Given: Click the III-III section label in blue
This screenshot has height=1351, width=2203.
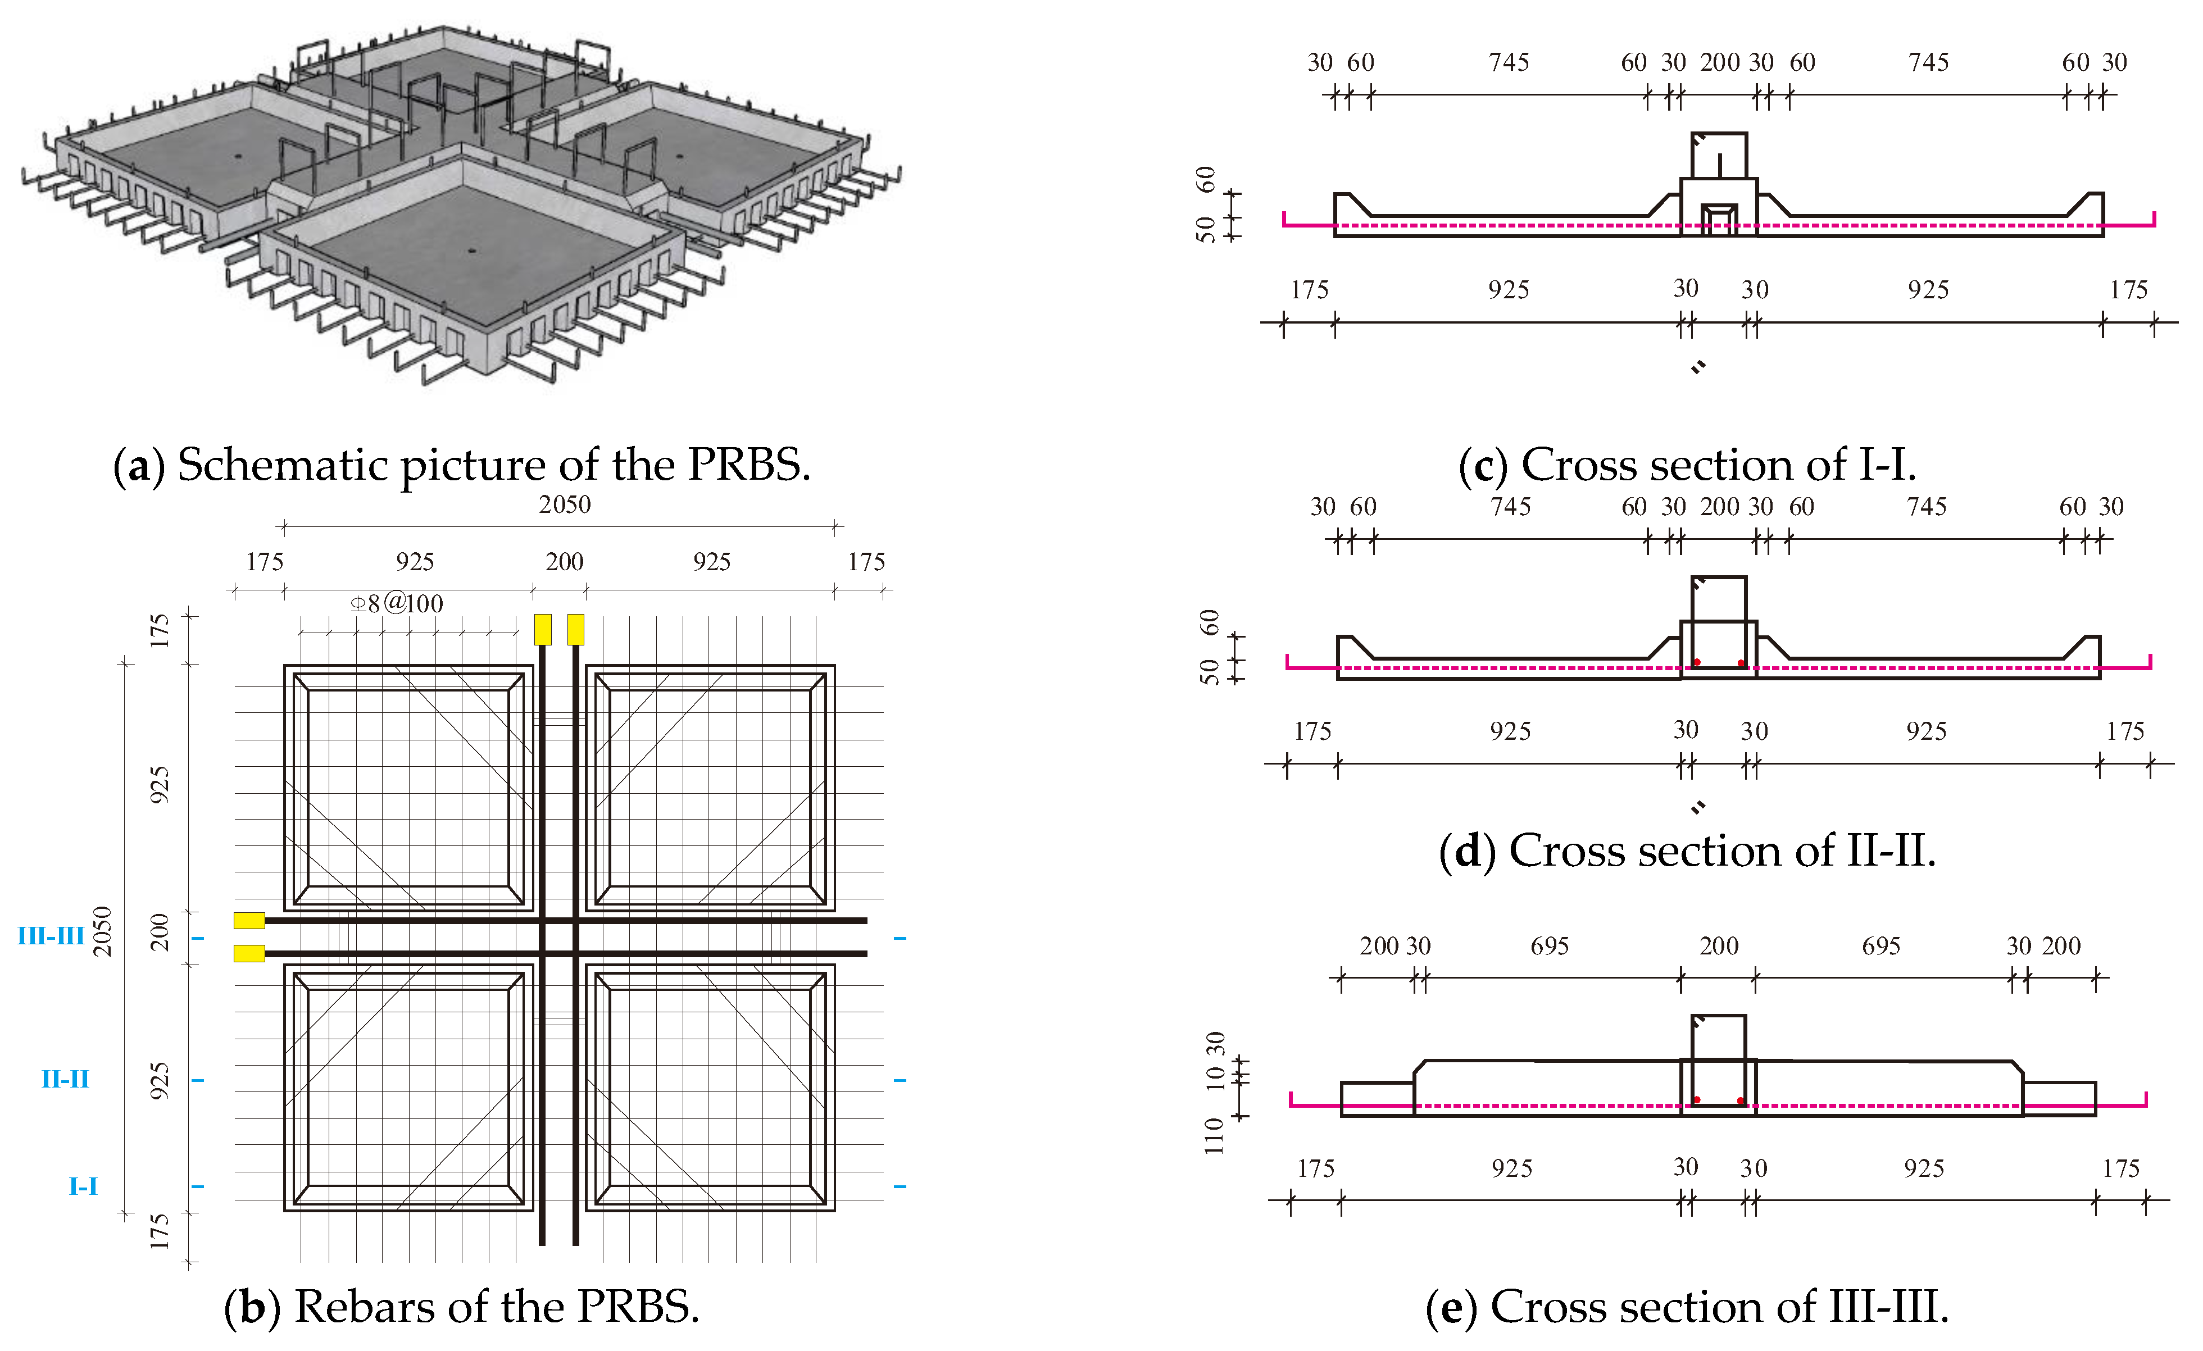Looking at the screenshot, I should (51, 936).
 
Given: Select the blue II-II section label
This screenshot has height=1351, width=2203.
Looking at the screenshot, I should (65, 1079).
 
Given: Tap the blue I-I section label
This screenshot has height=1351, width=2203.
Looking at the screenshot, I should (83, 1186).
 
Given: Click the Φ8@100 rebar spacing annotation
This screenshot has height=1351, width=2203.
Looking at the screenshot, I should (397, 603).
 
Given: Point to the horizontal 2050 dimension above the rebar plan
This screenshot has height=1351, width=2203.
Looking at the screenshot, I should (564, 504).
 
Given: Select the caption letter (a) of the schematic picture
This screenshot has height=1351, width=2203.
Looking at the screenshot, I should (139, 466).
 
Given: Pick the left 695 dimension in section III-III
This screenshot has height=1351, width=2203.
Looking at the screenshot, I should (1550, 946).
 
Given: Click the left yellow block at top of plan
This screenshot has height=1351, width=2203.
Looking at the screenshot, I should (543, 630).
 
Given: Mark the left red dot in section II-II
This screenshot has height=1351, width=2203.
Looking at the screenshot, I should (1697, 662).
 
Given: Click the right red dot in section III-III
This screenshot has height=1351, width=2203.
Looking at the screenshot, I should (1741, 1100).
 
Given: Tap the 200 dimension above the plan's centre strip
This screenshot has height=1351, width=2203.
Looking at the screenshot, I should (564, 562).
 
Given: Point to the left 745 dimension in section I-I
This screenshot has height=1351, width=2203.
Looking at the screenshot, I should (1509, 62).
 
